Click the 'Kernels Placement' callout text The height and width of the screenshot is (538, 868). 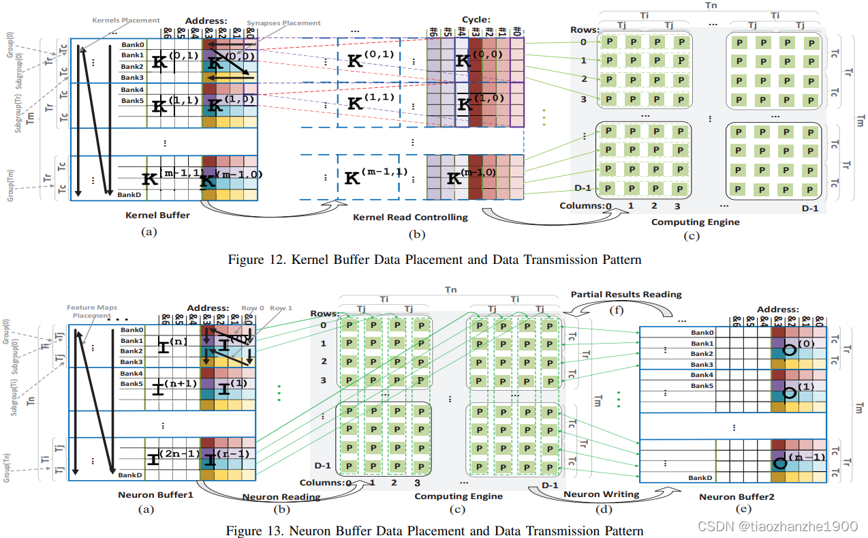(x=126, y=20)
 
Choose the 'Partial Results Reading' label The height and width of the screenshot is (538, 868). (x=626, y=294)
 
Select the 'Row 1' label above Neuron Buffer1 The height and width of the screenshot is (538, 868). (x=282, y=308)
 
